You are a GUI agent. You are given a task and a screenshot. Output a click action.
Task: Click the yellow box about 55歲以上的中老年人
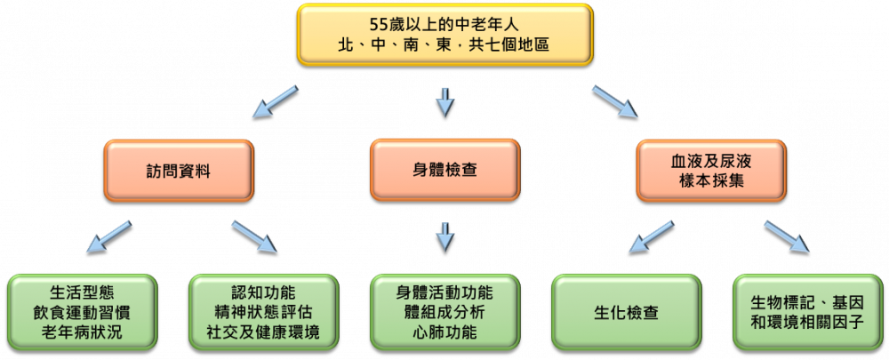click(x=445, y=35)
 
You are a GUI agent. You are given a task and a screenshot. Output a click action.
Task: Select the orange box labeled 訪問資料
click(x=179, y=171)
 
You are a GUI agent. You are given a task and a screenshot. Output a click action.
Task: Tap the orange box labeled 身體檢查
click(x=445, y=170)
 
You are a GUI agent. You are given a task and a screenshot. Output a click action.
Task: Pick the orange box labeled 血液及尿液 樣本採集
click(x=711, y=171)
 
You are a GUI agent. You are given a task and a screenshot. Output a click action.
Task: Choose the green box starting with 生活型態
click(x=82, y=312)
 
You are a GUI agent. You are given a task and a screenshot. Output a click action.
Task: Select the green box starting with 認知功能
click(x=264, y=312)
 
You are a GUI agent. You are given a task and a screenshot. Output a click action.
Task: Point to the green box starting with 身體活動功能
click(x=445, y=312)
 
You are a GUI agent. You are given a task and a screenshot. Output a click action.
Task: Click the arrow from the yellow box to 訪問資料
click(x=275, y=101)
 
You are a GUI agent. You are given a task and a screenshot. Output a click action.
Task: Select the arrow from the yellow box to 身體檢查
click(x=445, y=101)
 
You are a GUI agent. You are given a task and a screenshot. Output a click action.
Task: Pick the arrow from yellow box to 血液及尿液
click(x=615, y=101)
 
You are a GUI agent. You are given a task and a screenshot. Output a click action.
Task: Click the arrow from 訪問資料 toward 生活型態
click(x=108, y=236)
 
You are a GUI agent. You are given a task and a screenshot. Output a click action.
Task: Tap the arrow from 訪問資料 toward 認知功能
click(x=254, y=236)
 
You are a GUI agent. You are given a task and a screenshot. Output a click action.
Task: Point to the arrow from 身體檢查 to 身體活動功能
click(x=445, y=237)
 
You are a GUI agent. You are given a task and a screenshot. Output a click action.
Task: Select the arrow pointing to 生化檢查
click(x=653, y=236)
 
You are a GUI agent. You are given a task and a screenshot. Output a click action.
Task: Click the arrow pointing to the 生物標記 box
click(x=788, y=236)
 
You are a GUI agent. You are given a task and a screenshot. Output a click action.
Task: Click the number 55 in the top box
click(x=378, y=25)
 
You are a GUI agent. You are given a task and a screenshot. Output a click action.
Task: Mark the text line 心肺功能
click(x=445, y=332)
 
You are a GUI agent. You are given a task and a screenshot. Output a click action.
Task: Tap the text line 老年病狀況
click(x=82, y=332)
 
